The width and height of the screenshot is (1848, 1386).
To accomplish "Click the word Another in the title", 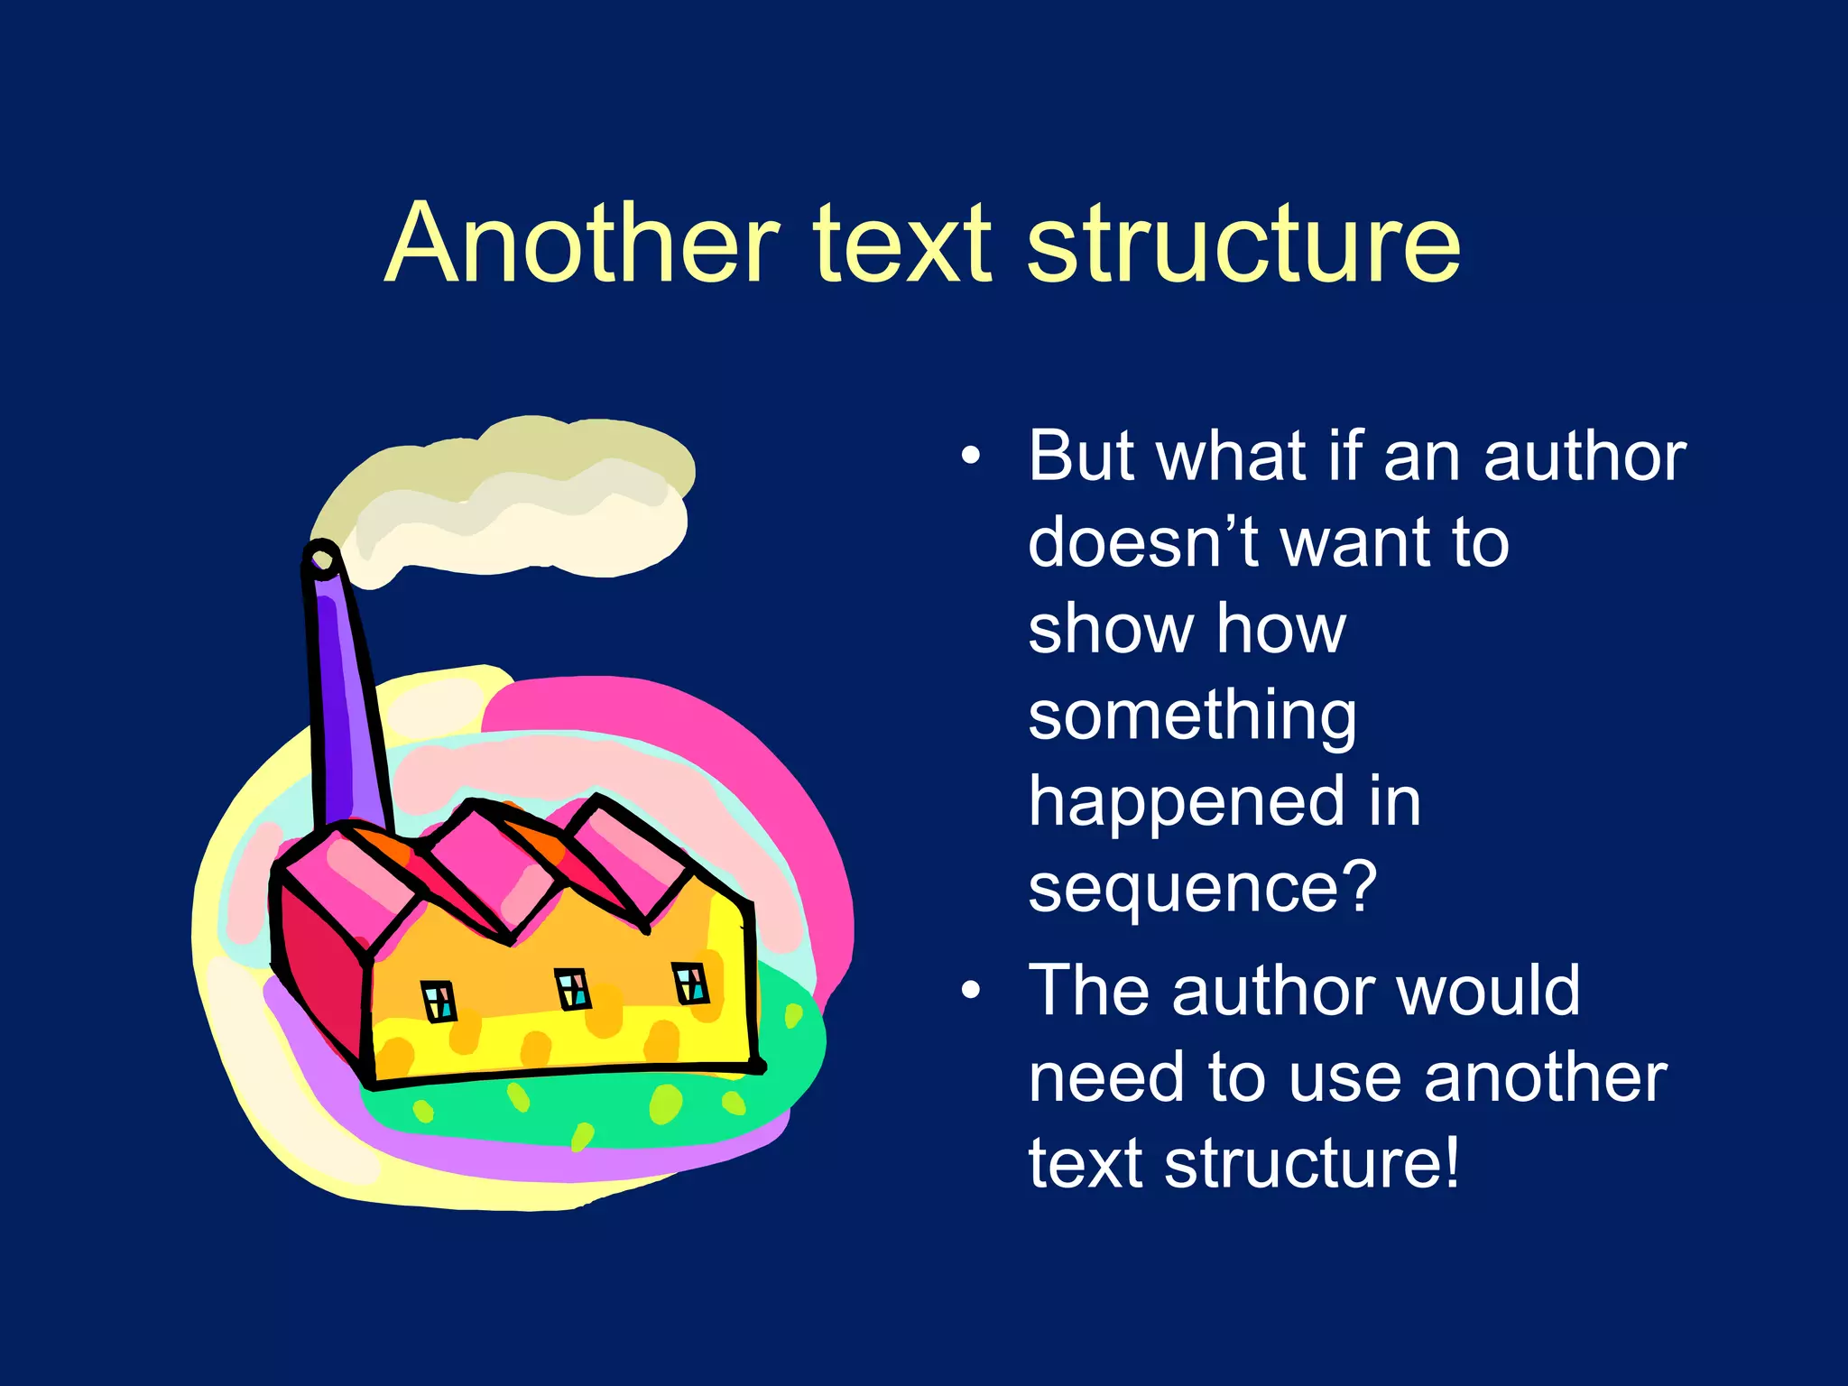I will point(581,244).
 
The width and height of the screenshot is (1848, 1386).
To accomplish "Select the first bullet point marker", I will point(970,456).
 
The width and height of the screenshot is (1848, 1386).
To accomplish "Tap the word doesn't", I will point(1142,543).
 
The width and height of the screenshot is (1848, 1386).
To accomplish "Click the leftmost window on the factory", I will point(439,1002).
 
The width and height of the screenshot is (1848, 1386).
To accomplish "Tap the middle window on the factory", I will point(572,988).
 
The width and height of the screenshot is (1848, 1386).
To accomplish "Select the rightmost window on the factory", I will point(690,983).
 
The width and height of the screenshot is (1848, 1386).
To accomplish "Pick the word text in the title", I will point(902,244).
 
